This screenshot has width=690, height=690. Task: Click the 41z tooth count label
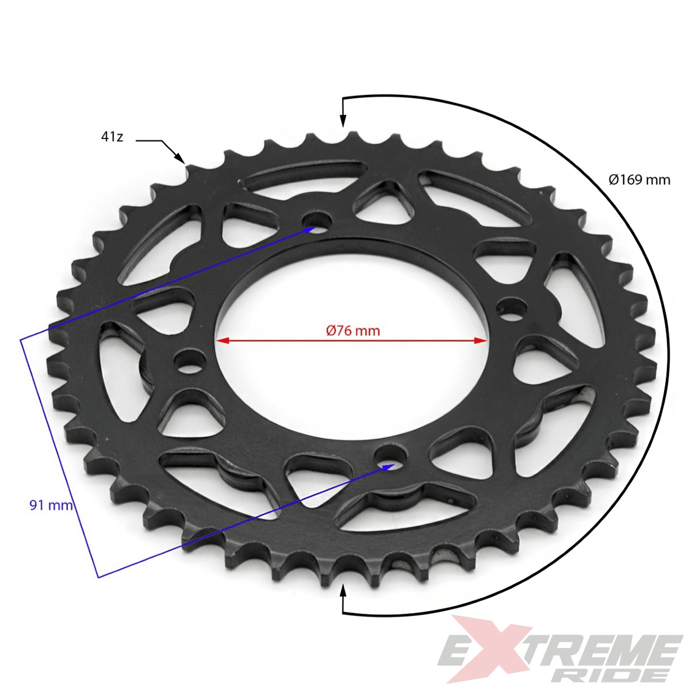(x=112, y=137)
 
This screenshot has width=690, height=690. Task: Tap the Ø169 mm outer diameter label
(x=639, y=180)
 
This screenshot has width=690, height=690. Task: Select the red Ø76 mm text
(x=352, y=331)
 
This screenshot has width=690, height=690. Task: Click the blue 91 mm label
(x=51, y=505)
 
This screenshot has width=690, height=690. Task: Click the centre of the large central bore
(x=352, y=339)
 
